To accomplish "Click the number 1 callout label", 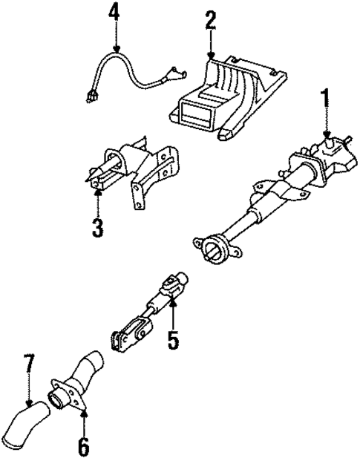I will click(x=324, y=99).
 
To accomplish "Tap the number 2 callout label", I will click(x=211, y=21).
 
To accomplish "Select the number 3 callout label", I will click(x=97, y=227).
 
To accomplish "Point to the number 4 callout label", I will click(x=113, y=12).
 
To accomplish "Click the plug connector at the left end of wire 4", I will click(x=91, y=95).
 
